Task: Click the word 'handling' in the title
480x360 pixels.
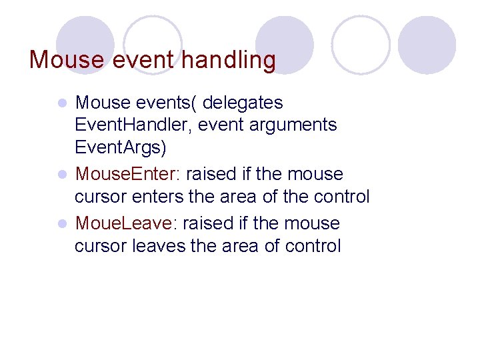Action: coord(228,60)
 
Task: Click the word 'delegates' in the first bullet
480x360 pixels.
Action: coord(243,103)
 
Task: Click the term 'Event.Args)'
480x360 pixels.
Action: coord(121,147)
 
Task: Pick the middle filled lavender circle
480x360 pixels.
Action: coord(285,41)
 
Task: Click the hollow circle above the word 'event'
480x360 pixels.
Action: coord(153,41)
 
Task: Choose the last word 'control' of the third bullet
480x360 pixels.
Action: coord(313,246)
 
